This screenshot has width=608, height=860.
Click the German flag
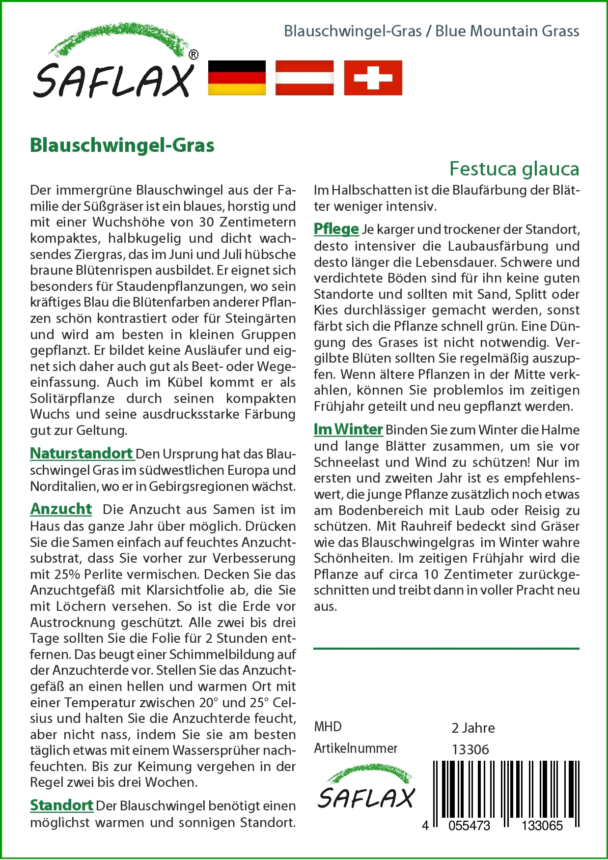point(237,78)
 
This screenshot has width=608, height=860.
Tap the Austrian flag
point(304,78)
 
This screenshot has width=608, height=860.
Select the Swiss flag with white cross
point(373,78)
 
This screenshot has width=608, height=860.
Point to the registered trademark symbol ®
point(193,55)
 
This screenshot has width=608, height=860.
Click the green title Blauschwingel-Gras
point(122,145)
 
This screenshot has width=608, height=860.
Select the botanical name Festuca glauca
point(514,169)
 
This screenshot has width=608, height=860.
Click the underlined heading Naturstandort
point(82,453)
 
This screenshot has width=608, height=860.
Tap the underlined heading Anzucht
point(61,509)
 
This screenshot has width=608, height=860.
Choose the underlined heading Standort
point(61,805)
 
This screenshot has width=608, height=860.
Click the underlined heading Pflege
point(336,229)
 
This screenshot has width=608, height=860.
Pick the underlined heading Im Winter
point(348,430)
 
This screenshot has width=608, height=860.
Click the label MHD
point(328,727)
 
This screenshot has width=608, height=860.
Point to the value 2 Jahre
point(473,728)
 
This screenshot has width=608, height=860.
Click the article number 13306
point(470,749)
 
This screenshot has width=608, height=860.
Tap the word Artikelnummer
point(356,748)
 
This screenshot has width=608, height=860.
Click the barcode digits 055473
point(469,826)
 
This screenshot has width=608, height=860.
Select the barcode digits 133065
point(542,826)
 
